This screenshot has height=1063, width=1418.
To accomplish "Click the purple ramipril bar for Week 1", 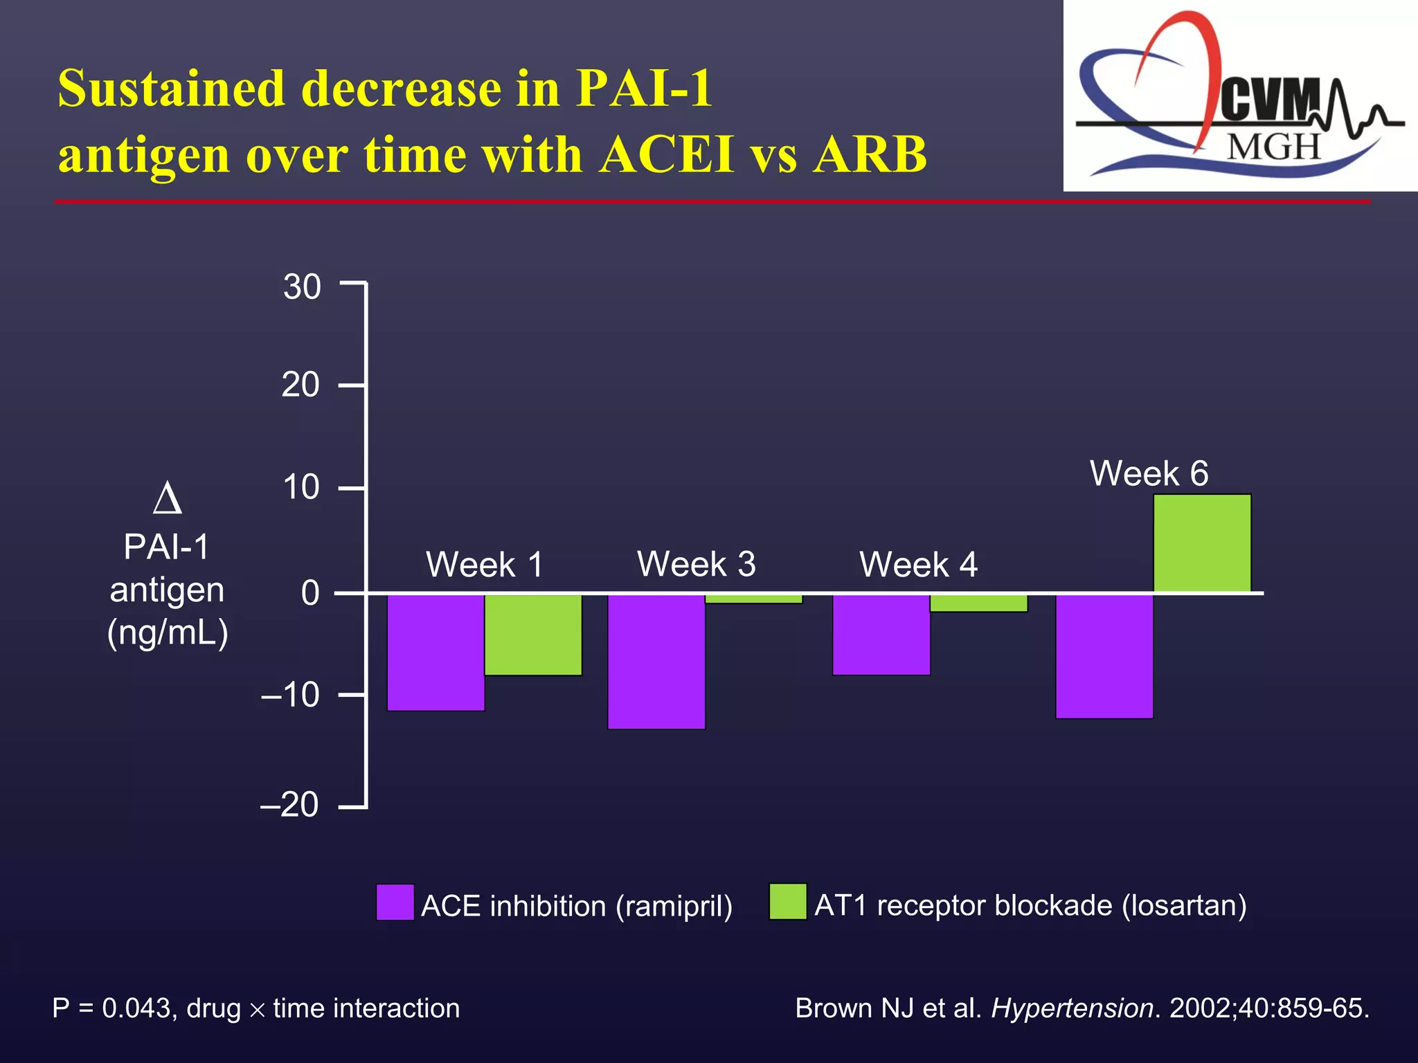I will (436, 652).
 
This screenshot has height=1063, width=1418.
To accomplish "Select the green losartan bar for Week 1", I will (533, 634).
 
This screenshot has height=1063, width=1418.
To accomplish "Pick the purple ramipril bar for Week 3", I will (656, 661).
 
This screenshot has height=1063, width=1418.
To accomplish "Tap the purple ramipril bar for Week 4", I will (881, 634).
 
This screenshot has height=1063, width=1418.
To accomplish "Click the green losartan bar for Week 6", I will (1202, 543).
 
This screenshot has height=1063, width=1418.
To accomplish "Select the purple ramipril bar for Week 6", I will (1104, 656).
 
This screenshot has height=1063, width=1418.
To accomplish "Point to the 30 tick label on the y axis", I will (302, 287).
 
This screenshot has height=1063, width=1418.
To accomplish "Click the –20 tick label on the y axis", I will (289, 805).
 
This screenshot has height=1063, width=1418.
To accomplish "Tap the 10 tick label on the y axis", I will (301, 487).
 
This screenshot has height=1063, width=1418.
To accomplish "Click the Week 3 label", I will (696, 564).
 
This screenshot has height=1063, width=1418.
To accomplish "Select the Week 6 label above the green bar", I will (1149, 474).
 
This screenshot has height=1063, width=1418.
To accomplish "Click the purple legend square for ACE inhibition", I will (395, 902).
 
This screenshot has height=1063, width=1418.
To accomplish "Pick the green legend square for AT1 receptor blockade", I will (788, 902).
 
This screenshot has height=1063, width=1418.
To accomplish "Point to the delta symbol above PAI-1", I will (167, 499).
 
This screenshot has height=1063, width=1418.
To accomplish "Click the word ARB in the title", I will (870, 154).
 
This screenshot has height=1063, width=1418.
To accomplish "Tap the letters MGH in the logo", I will (1274, 147).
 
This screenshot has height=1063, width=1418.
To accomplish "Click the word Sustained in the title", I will (171, 89).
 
